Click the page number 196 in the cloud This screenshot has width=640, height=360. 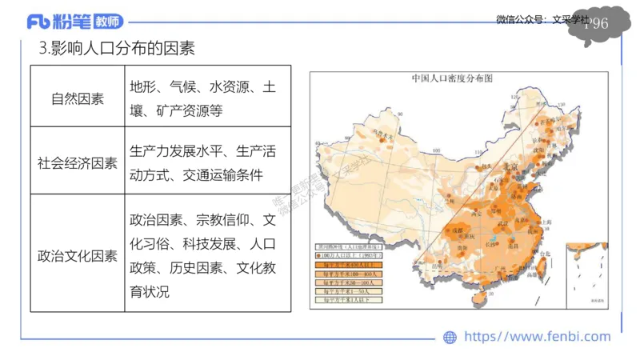click(x=596, y=24)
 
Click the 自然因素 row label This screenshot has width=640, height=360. click(x=77, y=99)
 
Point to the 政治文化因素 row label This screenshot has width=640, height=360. click(x=77, y=256)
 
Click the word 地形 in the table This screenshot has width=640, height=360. click(x=145, y=86)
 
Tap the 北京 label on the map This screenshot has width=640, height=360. click(x=510, y=166)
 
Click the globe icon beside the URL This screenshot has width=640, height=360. click(x=450, y=338)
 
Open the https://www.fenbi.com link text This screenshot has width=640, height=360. click(x=537, y=337)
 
